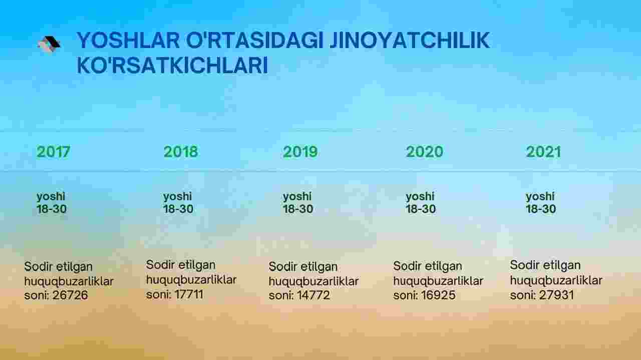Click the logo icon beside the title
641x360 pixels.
49,45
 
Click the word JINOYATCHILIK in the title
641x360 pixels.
410,41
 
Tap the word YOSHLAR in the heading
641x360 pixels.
128,41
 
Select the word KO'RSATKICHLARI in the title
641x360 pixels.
172,65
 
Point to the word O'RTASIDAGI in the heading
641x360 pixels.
255,41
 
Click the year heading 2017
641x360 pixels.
53,152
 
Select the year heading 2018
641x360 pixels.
181,152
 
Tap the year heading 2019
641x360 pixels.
300,152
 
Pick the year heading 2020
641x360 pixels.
424,152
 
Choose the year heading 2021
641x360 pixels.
543,152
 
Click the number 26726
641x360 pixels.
70,295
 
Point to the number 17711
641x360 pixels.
189,294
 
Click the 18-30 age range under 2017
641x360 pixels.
52,209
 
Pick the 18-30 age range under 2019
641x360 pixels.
298,209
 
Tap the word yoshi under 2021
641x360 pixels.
540,197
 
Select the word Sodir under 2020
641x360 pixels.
407,266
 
